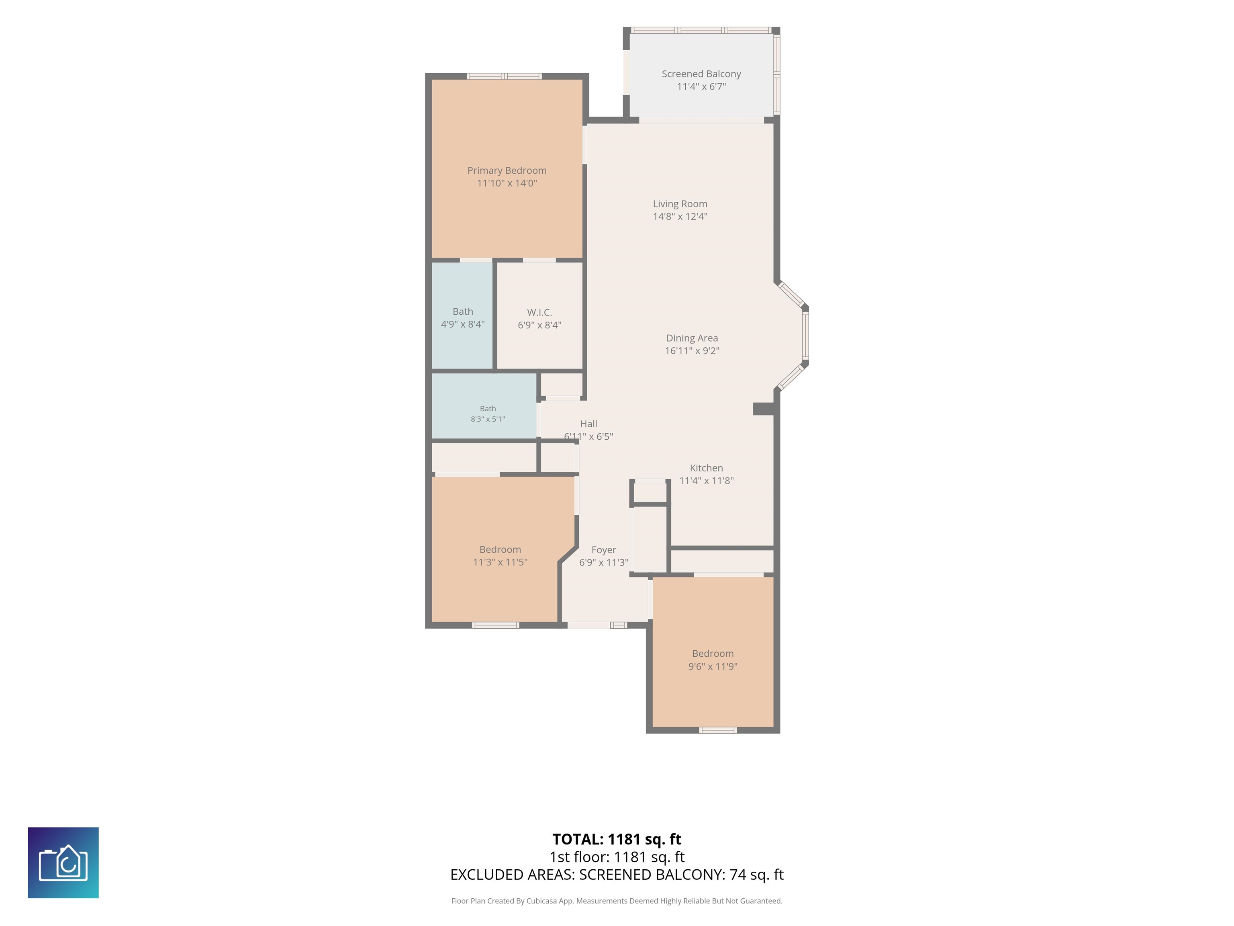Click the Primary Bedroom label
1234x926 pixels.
pyautogui.click(x=507, y=170)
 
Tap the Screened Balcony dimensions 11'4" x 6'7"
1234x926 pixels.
pyautogui.click(x=701, y=86)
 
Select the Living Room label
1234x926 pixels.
pyautogui.click(x=680, y=204)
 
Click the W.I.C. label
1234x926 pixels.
pyautogui.click(x=539, y=312)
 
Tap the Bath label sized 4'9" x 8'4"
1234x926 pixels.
pyautogui.click(x=462, y=311)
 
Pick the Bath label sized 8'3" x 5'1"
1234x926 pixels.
pyautogui.click(x=488, y=409)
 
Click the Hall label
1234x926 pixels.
pyautogui.click(x=588, y=424)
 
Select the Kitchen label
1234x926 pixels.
pyautogui.click(x=706, y=468)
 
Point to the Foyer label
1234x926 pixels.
pyautogui.click(x=604, y=550)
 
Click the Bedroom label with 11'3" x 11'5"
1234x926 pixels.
pyautogui.click(x=500, y=550)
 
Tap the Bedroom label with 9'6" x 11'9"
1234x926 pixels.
pyautogui.click(x=713, y=654)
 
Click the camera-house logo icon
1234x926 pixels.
pyautogui.click(x=63, y=863)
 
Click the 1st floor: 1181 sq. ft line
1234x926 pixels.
pyautogui.click(x=617, y=857)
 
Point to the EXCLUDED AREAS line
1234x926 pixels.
pyautogui.click(x=617, y=875)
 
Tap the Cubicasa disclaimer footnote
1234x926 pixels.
pyautogui.click(x=617, y=901)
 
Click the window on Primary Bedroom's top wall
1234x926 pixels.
pyautogui.click(x=504, y=76)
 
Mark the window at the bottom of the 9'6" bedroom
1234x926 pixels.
pyautogui.click(x=718, y=730)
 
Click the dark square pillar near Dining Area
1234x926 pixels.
pyautogui.click(x=763, y=409)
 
